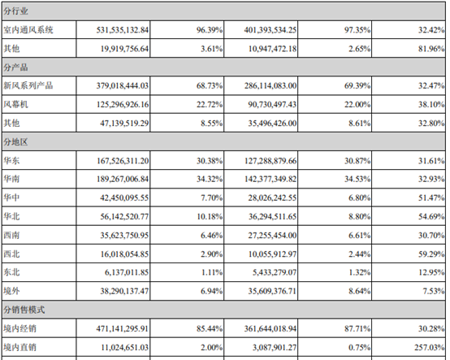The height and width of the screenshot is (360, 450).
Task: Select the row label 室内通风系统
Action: (28, 30)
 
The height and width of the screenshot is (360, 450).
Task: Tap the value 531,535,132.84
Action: (123, 30)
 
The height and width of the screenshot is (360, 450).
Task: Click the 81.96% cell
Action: (431, 49)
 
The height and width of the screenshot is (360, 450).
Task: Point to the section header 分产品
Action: (15, 67)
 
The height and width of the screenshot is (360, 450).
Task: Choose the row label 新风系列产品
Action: (28, 85)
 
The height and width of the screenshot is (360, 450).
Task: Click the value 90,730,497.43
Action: (272, 105)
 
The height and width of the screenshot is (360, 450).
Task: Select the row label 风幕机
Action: (15, 105)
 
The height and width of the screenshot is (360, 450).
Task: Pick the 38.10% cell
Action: (431, 105)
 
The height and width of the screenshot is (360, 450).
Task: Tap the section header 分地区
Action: (15, 142)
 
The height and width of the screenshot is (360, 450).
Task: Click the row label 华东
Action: (11, 160)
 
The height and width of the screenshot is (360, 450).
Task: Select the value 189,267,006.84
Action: (123, 179)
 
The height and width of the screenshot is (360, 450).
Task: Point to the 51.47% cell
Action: (431, 197)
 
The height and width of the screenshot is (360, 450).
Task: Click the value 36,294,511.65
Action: (272, 216)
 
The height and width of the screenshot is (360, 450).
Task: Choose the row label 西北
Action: (11, 254)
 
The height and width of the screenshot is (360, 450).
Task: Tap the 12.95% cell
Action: (431, 272)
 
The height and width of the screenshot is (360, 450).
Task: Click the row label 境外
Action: (11, 291)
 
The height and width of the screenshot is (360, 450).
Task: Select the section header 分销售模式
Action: (24, 310)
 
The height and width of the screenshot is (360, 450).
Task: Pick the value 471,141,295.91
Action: (123, 328)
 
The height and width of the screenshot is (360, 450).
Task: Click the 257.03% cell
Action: (430, 347)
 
